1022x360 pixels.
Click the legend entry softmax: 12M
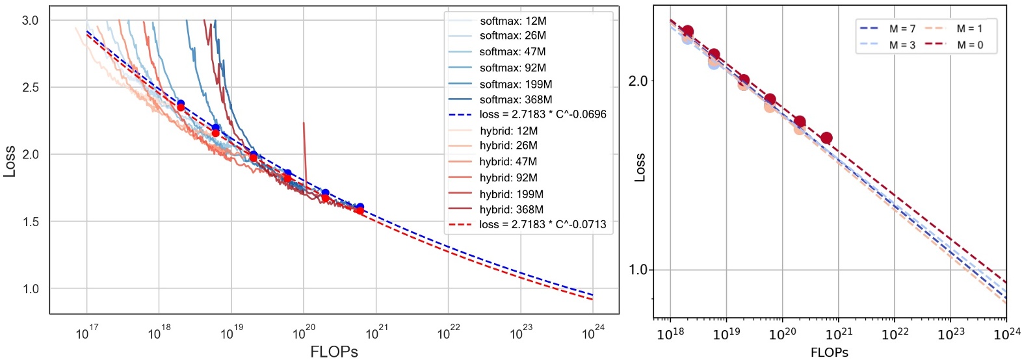click(x=512, y=21)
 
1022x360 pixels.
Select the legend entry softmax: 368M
click(x=516, y=99)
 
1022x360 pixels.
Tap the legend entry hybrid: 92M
click(x=508, y=177)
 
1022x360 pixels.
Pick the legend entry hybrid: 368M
click(x=511, y=209)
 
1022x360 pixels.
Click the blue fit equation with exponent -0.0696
click(x=542, y=114)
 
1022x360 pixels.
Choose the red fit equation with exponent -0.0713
click(x=542, y=224)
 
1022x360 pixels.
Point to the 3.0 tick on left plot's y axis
click(x=31, y=20)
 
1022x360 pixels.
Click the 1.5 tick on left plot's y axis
click(x=31, y=222)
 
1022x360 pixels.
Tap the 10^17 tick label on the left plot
click(x=86, y=333)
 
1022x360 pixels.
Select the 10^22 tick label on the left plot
click(x=448, y=333)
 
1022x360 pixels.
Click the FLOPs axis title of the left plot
click(x=334, y=352)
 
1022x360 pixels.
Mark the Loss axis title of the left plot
click(x=9, y=161)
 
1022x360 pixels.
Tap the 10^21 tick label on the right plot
click(x=838, y=334)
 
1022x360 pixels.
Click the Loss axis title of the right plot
click(x=640, y=168)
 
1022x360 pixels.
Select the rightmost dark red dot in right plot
click(x=826, y=138)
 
